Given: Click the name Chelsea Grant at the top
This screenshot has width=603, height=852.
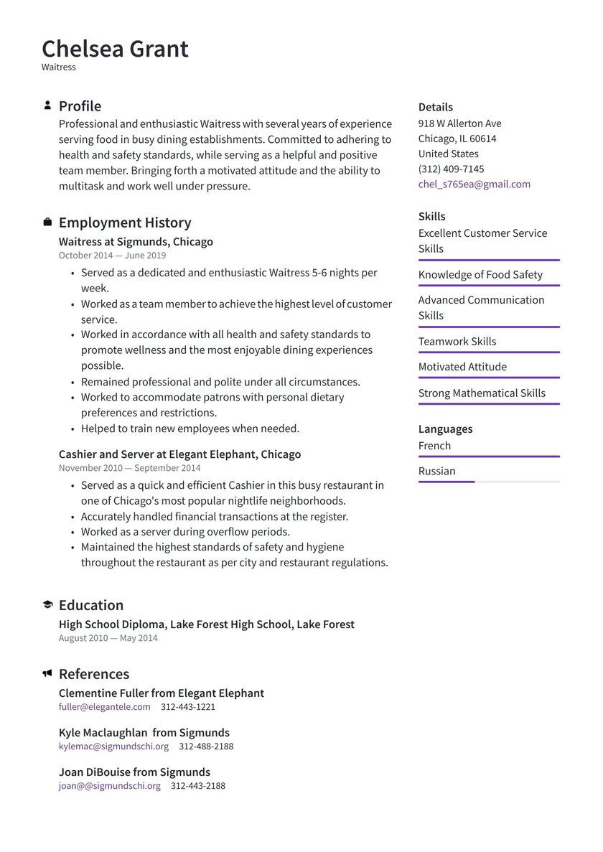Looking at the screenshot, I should point(115,49).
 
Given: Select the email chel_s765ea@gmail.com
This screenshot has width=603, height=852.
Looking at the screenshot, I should point(474,184).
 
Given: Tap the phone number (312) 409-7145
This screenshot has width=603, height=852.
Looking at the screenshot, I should point(451,169).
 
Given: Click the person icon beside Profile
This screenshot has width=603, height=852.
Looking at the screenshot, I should point(47,106).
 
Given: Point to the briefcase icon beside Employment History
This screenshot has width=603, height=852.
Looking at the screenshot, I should point(47,223).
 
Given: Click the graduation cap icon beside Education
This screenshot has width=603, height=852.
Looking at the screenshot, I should point(47,605).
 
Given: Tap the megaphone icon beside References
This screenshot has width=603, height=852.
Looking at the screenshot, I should point(47,674).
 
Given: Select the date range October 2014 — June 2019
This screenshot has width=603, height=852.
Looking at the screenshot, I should point(112,256).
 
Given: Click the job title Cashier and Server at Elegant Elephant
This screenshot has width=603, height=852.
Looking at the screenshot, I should point(179,454).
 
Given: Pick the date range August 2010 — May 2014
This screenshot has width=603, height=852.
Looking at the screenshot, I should point(108,638).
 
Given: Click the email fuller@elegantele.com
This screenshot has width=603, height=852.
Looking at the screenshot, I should point(105,707).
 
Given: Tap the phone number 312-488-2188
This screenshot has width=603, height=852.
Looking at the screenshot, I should point(206,746).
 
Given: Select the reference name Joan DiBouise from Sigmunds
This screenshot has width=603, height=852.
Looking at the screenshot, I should point(134,772).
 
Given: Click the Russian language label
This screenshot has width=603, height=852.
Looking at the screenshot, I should point(436,471).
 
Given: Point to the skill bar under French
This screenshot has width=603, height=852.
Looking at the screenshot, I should point(488,457).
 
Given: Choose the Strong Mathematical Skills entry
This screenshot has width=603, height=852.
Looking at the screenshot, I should point(482,393).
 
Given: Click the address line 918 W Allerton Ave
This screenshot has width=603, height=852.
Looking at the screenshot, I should point(459,123).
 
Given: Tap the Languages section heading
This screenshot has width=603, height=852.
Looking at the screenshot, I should point(445,429).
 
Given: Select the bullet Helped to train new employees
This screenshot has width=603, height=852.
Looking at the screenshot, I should point(190,429).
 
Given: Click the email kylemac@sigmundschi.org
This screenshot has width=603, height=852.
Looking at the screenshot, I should point(113,746).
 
